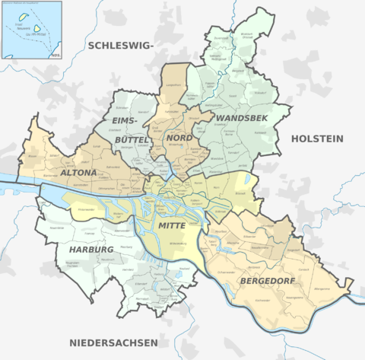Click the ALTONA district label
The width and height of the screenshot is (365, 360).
(x=79, y=173)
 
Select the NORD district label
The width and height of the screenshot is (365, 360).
(x=179, y=138)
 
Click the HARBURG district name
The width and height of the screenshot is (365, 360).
(x=90, y=250)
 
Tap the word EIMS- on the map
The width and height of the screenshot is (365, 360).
(x=125, y=121)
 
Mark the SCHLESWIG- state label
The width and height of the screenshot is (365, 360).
(x=121, y=47)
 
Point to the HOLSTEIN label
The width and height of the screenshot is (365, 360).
(x=317, y=139)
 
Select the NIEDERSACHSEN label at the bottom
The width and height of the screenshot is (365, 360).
(x=113, y=342)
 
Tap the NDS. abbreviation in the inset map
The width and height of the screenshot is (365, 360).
(x=55, y=54)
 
